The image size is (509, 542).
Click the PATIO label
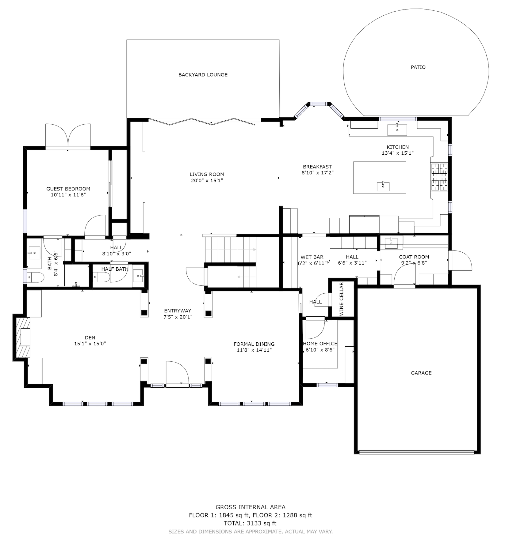[418, 67]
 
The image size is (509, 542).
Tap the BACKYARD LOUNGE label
[203, 75]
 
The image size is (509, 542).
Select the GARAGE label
[421, 373]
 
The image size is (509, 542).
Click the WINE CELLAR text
[341, 299]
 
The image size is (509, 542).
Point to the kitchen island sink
[383, 186]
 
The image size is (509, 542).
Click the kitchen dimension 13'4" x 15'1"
[398, 153]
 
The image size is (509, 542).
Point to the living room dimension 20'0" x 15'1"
[207, 180]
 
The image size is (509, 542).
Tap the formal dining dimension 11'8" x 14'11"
[254, 350]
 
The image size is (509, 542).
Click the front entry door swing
[177, 372]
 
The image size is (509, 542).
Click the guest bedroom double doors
[68, 136]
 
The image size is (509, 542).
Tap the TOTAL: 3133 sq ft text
[250, 523]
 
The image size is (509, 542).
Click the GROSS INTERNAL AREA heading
[251, 507]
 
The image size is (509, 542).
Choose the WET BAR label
[312, 257]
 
